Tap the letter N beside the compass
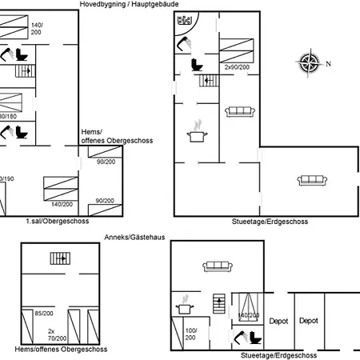[x=328, y=64]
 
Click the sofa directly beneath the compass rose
[x=306, y=180]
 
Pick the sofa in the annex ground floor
[x=217, y=266]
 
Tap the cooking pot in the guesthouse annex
[x=184, y=305]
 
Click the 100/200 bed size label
[x=191, y=334]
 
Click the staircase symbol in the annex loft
[x=58, y=258]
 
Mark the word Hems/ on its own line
[x=90, y=133]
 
